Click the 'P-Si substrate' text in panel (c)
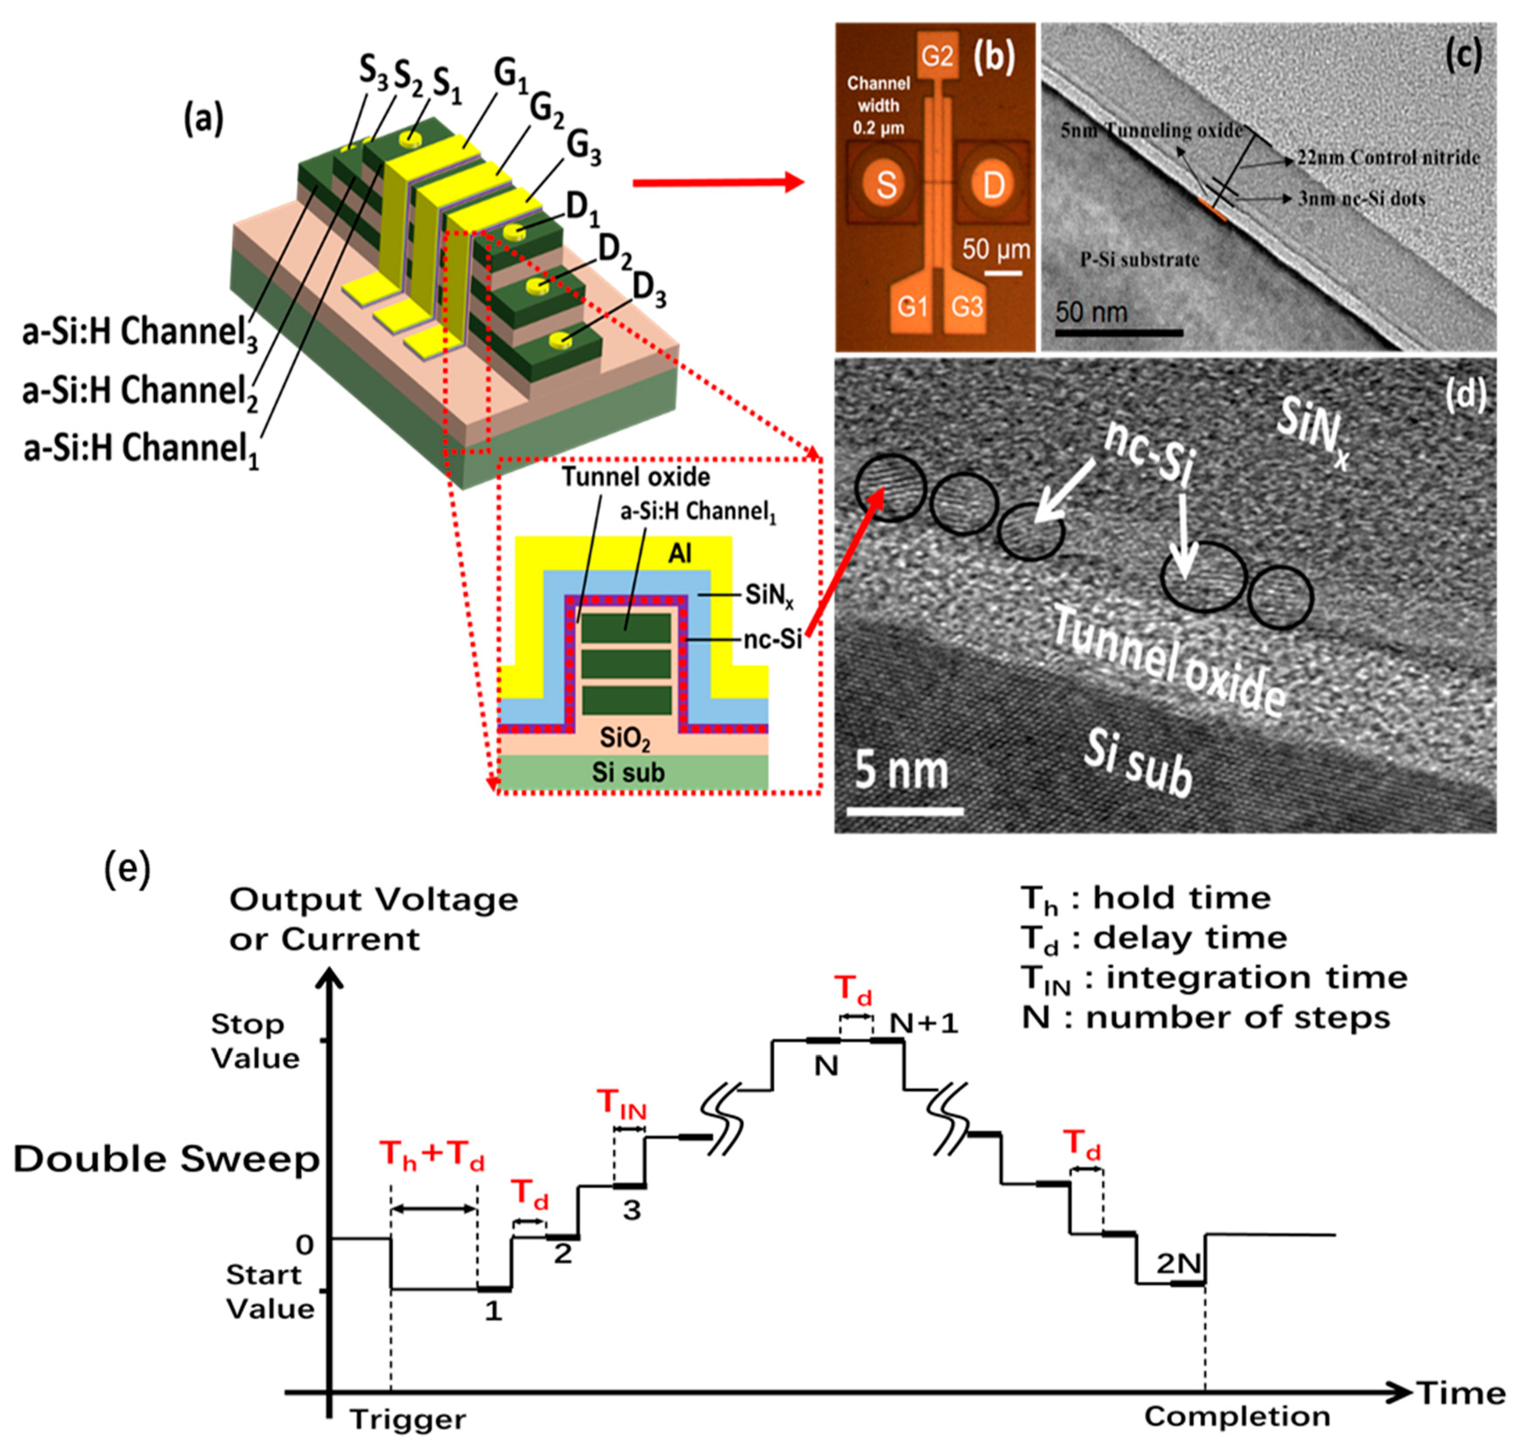1139,260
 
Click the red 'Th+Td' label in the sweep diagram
432,1156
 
